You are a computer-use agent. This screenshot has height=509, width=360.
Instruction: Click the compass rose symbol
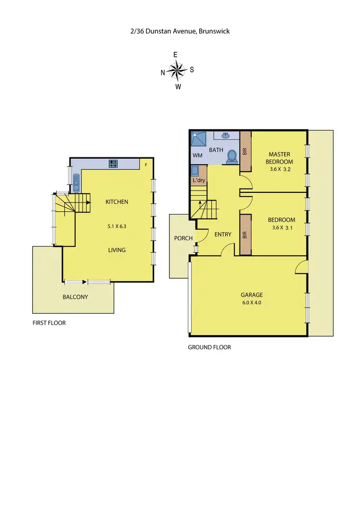pos(178,71)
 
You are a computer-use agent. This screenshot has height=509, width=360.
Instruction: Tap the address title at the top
pos(180,31)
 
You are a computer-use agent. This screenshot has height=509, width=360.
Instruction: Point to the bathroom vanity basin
pos(225,135)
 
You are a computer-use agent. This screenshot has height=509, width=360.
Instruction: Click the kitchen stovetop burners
pos(114,164)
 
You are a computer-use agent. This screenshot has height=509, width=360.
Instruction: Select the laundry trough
pos(195,170)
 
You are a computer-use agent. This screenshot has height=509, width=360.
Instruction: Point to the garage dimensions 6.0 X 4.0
pos(249,303)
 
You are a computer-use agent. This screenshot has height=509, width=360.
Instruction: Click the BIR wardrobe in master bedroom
pos(245,151)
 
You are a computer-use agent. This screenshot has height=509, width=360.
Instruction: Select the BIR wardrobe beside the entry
pos(245,235)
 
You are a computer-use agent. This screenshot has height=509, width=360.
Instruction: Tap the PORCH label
pos(183,238)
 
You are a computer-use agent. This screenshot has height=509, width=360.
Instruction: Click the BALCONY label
pos(75,297)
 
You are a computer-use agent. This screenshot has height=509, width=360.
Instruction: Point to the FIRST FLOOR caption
pos(48,323)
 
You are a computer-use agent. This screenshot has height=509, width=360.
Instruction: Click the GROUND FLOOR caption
pos(209,347)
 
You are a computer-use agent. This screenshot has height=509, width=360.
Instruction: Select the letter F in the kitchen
pos(146,165)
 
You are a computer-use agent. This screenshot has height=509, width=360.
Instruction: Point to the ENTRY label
pos(223,235)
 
